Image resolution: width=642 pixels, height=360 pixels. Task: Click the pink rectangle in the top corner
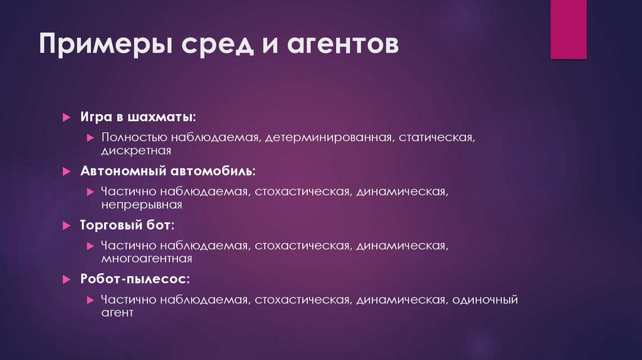pos(568,29)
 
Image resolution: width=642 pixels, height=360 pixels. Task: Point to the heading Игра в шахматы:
pos(137,117)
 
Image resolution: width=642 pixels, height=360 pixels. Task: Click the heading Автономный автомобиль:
pos(167,171)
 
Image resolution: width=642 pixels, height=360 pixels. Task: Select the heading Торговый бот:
pos(127,224)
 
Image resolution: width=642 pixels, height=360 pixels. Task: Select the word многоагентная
pos(146,258)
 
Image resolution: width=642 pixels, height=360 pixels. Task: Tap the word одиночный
pos(483,300)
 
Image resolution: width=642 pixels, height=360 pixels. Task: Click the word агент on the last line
pos(117,312)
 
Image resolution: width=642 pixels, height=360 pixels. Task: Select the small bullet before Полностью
pos(90,137)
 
